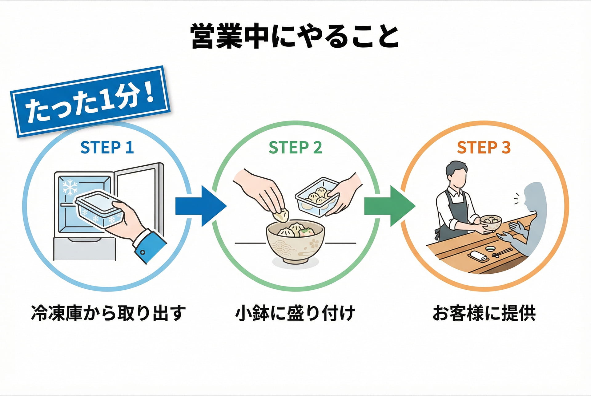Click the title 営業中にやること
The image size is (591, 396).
[x=295, y=36]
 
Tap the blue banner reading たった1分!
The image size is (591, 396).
[x=90, y=101]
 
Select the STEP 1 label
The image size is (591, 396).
[x=107, y=148]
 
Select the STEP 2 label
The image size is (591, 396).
[x=295, y=148]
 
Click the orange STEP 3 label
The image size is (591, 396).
[x=484, y=148]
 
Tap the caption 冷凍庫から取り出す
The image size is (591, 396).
[x=108, y=313]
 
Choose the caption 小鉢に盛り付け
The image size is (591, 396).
[x=295, y=313]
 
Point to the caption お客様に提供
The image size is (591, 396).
[x=484, y=313]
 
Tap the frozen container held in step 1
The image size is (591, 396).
[x=97, y=209]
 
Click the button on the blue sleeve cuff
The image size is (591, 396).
[x=143, y=252]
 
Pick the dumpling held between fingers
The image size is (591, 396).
[x=281, y=215]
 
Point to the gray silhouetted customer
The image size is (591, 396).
[x=533, y=215]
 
